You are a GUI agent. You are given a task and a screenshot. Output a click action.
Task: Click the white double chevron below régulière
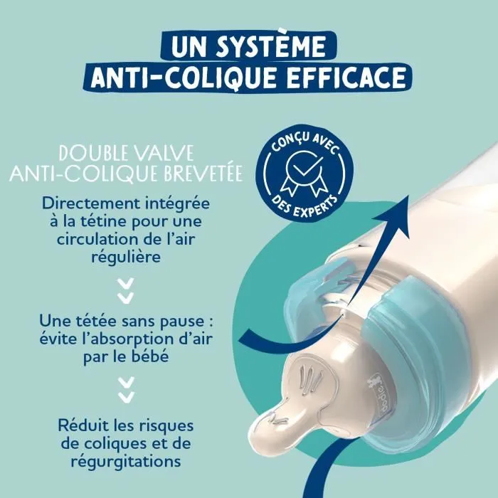[126, 288]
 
